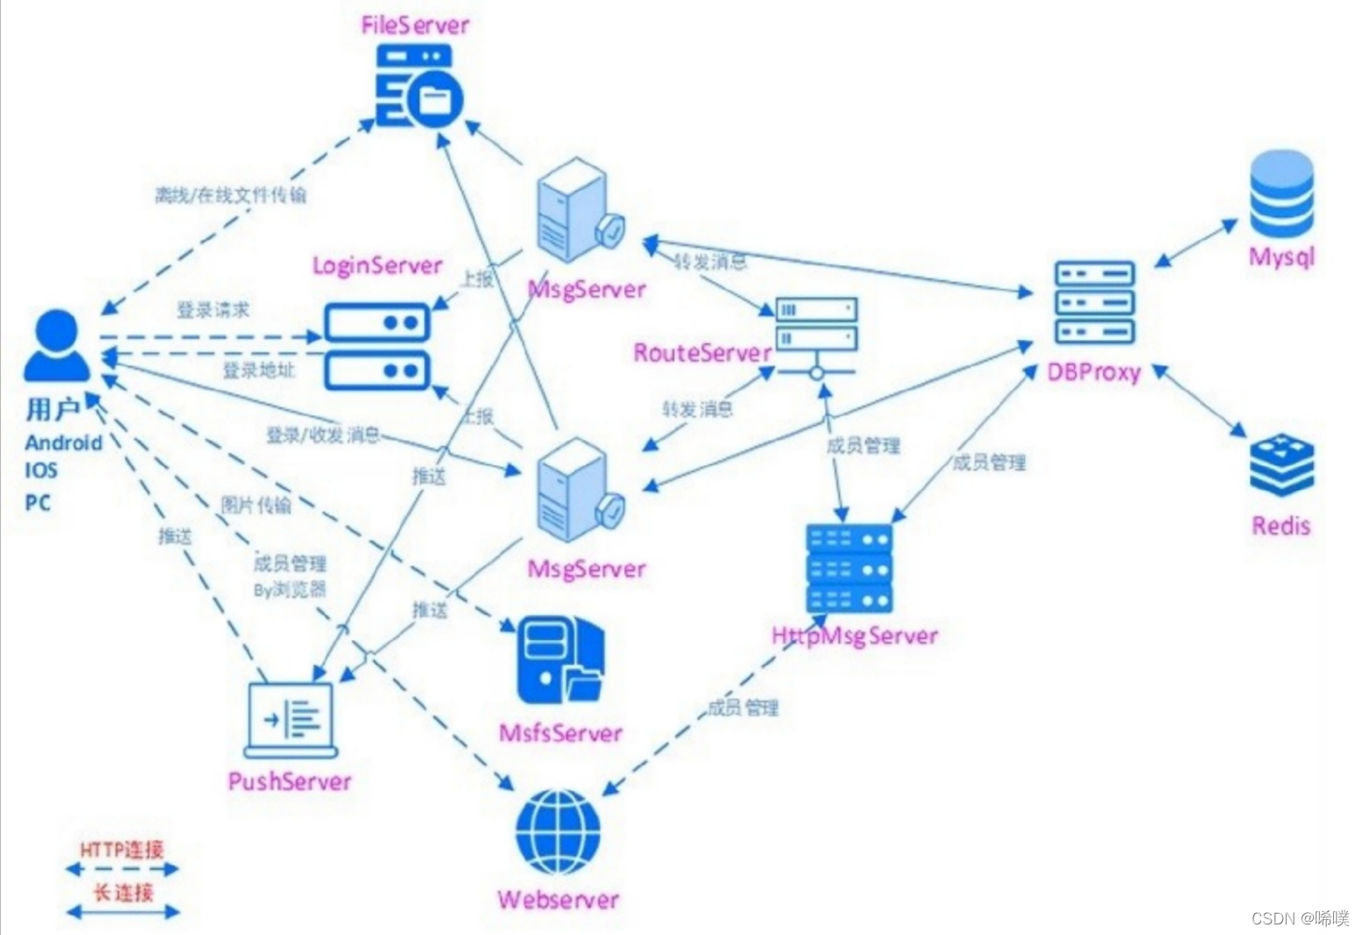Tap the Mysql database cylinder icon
coord(1281,195)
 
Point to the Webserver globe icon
coord(558,832)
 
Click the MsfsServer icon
coord(559,660)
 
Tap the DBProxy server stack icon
coord(1094,302)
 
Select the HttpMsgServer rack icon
coord(848,568)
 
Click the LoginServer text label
coord(377,265)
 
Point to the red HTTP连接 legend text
coord(122,849)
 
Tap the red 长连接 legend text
coord(123,892)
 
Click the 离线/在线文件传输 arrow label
coord(230,195)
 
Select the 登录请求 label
coord(213,310)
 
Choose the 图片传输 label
coord(255,505)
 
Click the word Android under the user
coord(63,442)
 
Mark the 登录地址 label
coord(258,370)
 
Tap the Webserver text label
coord(558,899)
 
